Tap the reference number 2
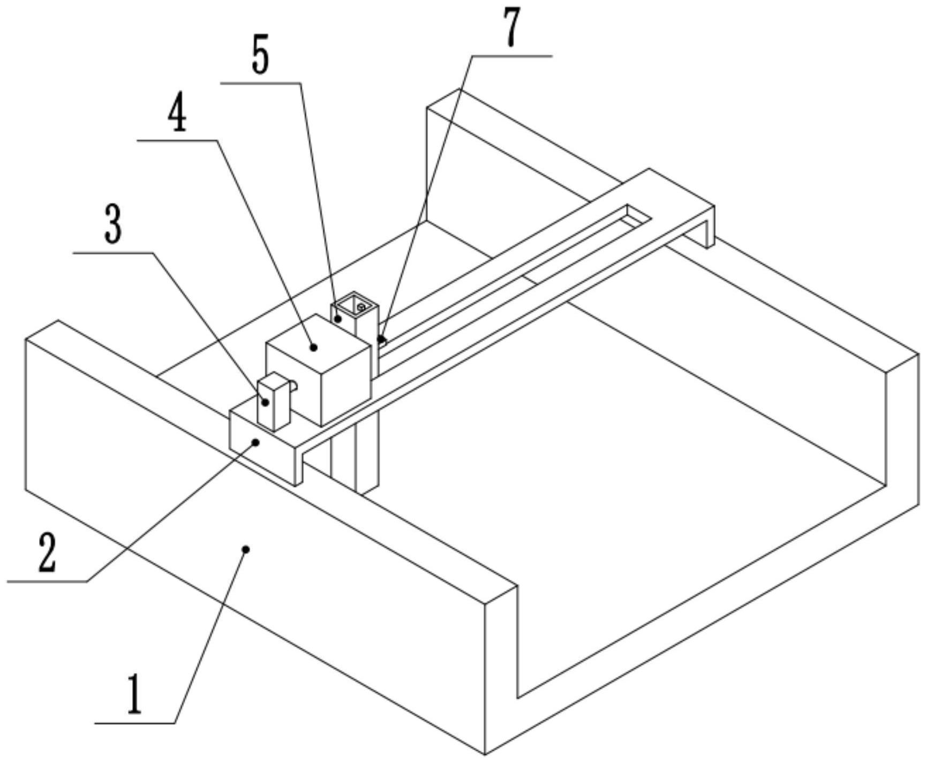pos(47,553)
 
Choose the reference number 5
pos(260,56)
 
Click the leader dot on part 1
pos(246,549)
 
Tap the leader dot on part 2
pos(257,442)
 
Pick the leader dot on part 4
pos(314,347)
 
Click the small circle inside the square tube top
pos(361,307)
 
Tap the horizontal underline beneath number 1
pos(135,724)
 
